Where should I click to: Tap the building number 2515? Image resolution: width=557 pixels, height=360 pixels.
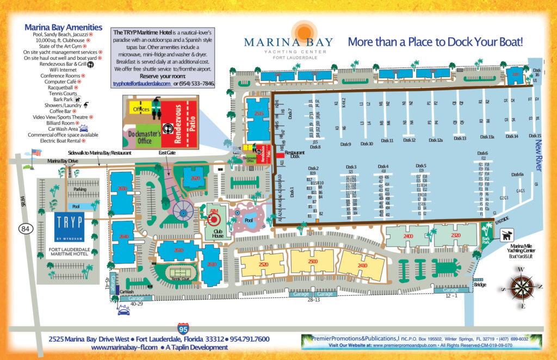click(259, 114)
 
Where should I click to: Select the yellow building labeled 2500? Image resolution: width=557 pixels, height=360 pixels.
click(312, 262)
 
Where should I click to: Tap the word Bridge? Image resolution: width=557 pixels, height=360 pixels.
click(480, 284)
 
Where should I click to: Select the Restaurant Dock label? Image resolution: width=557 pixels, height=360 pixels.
click(295, 154)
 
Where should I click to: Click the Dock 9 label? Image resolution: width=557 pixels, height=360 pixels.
click(345, 144)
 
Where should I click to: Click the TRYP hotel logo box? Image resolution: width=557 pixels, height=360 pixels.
click(69, 224)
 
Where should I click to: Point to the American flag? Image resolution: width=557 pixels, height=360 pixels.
click(36, 152)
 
